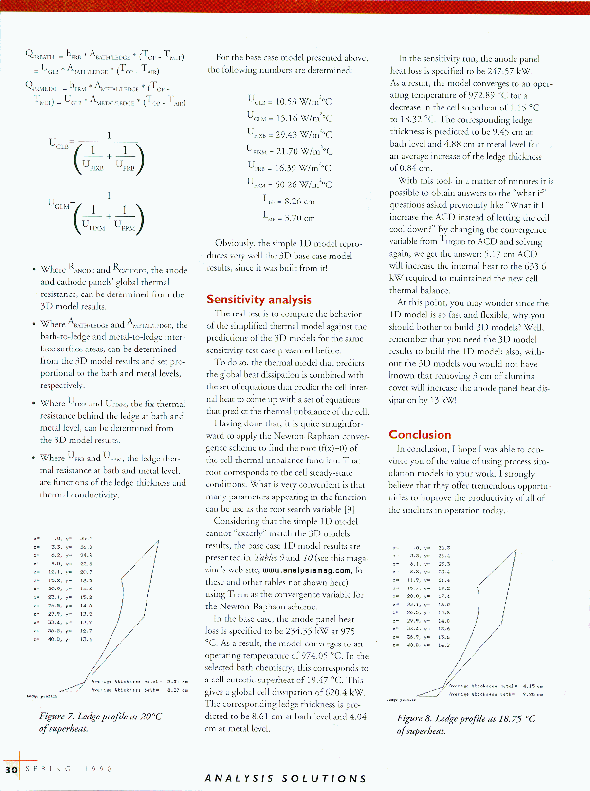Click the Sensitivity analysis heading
pos(259,300)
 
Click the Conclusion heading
pos(420,435)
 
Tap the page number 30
pos(11,770)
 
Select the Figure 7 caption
pos(100,722)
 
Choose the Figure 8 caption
pos(466,724)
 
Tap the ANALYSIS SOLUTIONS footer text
pos(286,779)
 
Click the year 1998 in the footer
pos(98,769)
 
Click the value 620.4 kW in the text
pos(347,692)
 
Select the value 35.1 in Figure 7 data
pos(86,539)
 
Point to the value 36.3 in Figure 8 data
pos(444,548)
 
